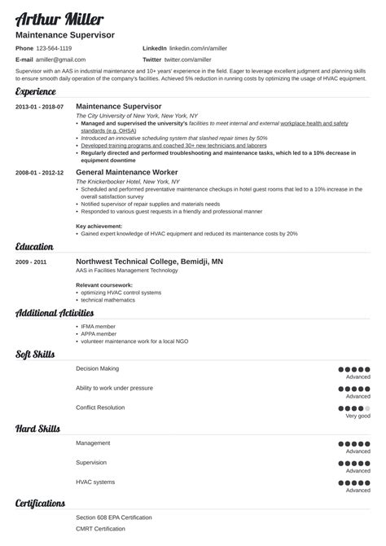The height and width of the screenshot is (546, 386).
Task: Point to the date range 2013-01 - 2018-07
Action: coord(39,107)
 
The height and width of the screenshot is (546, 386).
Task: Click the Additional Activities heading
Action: coord(54,313)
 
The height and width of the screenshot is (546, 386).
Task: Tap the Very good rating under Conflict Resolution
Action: coord(357,416)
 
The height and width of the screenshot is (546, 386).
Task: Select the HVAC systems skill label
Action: coord(95,482)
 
